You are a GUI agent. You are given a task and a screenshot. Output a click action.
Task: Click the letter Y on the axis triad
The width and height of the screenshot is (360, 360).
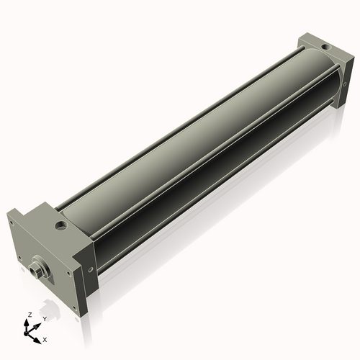[44, 318]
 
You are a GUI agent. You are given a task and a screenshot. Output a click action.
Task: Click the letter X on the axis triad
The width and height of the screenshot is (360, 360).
[45, 338]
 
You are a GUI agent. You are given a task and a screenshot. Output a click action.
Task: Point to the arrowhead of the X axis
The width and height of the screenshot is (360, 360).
[40, 336]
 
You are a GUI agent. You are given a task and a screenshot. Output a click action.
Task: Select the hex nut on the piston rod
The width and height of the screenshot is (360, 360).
[37, 270]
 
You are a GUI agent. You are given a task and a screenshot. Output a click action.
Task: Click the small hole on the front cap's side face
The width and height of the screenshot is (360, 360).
[89, 270]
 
